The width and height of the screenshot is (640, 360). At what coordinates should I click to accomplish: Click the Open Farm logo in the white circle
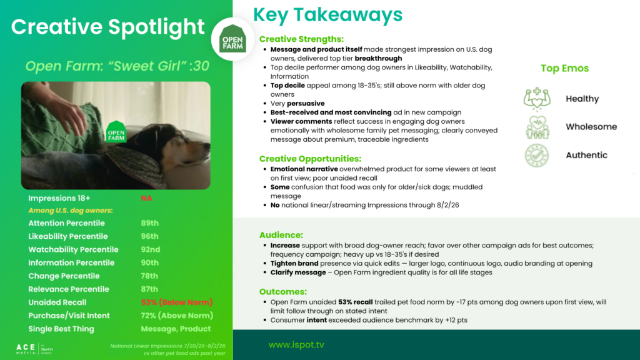(232, 39)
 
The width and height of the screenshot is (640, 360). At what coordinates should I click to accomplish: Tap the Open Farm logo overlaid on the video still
(116, 132)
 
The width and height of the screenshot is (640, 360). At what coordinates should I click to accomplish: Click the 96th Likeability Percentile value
(150, 236)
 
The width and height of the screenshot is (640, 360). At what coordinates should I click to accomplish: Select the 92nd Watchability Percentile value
(151, 249)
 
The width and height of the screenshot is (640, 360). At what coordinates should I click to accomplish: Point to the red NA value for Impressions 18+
(146, 198)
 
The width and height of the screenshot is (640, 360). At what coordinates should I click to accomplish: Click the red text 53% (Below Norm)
(177, 302)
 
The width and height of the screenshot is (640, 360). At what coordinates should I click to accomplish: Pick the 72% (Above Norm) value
(177, 316)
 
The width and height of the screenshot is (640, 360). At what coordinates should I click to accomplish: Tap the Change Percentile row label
(64, 276)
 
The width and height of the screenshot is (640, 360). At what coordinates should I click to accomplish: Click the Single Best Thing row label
(61, 329)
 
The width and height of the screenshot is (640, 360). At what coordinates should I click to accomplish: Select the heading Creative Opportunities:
(310, 159)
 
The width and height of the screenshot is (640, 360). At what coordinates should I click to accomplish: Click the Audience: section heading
(281, 235)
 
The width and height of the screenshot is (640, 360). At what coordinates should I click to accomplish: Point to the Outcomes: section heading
(283, 292)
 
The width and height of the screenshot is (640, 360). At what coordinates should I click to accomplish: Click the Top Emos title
(565, 68)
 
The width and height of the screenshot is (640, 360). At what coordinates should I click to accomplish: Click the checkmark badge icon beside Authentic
(537, 156)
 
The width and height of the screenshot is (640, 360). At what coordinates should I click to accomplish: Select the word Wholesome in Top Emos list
(591, 127)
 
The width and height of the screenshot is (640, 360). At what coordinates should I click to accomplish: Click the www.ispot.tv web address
(296, 345)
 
